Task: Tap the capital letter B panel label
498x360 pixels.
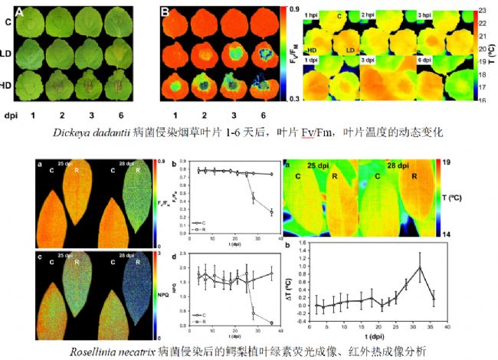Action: [x=164, y=11]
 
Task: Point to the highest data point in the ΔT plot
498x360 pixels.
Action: [x=420, y=267]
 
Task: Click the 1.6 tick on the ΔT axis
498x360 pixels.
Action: [x=305, y=243]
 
